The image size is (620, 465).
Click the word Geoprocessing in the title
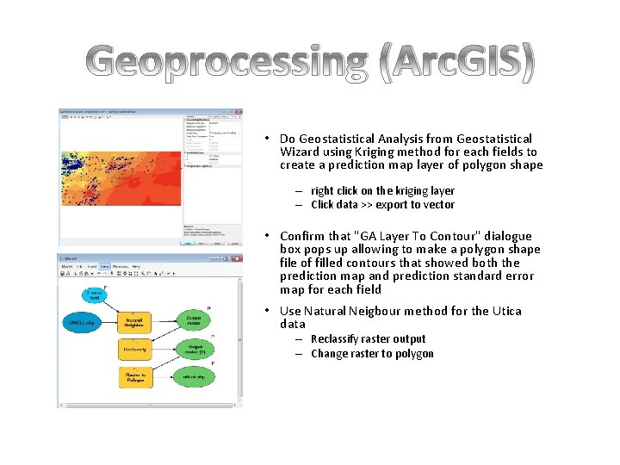[229, 62]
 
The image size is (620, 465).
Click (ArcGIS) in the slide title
[456, 62]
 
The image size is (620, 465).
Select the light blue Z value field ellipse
[95, 294]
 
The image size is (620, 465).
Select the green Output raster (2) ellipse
[195, 350]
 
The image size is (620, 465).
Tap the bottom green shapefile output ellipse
[195, 377]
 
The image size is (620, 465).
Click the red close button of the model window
[236, 257]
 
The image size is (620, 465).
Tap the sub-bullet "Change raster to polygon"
[372, 354]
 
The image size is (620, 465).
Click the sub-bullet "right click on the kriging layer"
[382, 191]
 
